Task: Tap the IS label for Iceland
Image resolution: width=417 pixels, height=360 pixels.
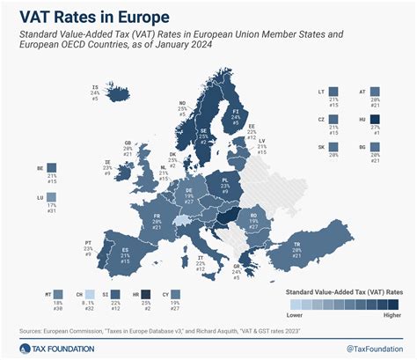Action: [94, 86]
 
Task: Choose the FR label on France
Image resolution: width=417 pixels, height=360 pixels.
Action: [157, 216]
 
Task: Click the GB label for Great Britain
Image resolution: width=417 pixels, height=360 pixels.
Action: [128, 143]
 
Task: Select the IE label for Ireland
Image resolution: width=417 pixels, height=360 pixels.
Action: [107, 162]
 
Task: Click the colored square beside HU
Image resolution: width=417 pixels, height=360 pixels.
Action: [376, 122]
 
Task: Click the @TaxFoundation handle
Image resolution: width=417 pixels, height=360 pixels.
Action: [369, 349]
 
